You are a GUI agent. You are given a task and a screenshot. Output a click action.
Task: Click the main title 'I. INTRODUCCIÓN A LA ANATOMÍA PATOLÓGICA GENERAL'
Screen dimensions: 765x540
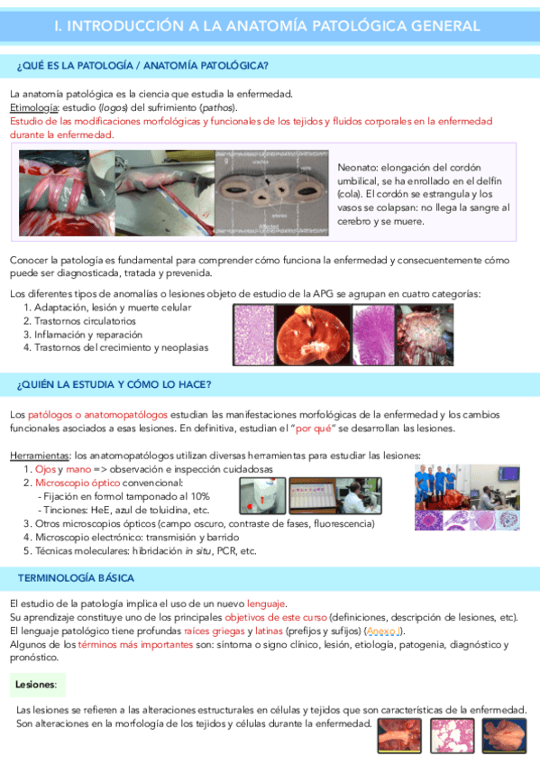click(267, 26)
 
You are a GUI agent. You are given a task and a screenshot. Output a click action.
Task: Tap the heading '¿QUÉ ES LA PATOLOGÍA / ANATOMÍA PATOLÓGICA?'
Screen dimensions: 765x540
click(142, 67)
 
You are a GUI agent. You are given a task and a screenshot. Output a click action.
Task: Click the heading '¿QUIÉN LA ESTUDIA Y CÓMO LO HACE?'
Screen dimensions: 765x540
click(114, 385)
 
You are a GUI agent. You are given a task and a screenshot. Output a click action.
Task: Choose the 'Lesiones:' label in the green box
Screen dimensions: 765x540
click(36, 687)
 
